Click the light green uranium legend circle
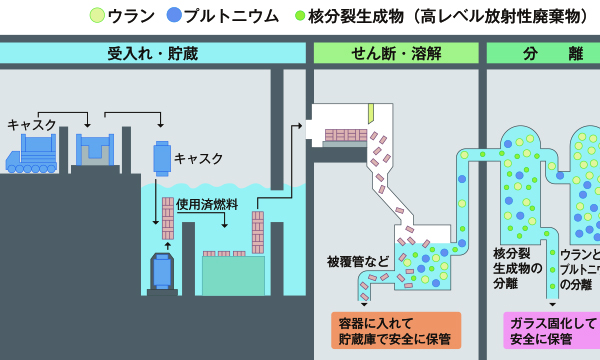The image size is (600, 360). coord(97,16)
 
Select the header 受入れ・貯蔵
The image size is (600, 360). coord(152,53)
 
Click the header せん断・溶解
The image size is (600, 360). coord(397,53)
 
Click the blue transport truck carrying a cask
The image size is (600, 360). coord(30,155)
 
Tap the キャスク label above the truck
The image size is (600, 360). coord(31,124)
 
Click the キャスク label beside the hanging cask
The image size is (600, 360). coord(199,158)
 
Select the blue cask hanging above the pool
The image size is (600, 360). coord(162,157)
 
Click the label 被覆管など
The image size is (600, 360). coord(358,261)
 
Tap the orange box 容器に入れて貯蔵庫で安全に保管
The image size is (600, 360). coord(396,330)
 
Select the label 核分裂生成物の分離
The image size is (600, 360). coord(517,268)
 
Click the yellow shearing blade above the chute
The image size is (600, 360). coord(370,113)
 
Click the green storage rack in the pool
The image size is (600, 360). coord(233,274)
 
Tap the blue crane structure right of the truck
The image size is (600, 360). coord(95,150)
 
